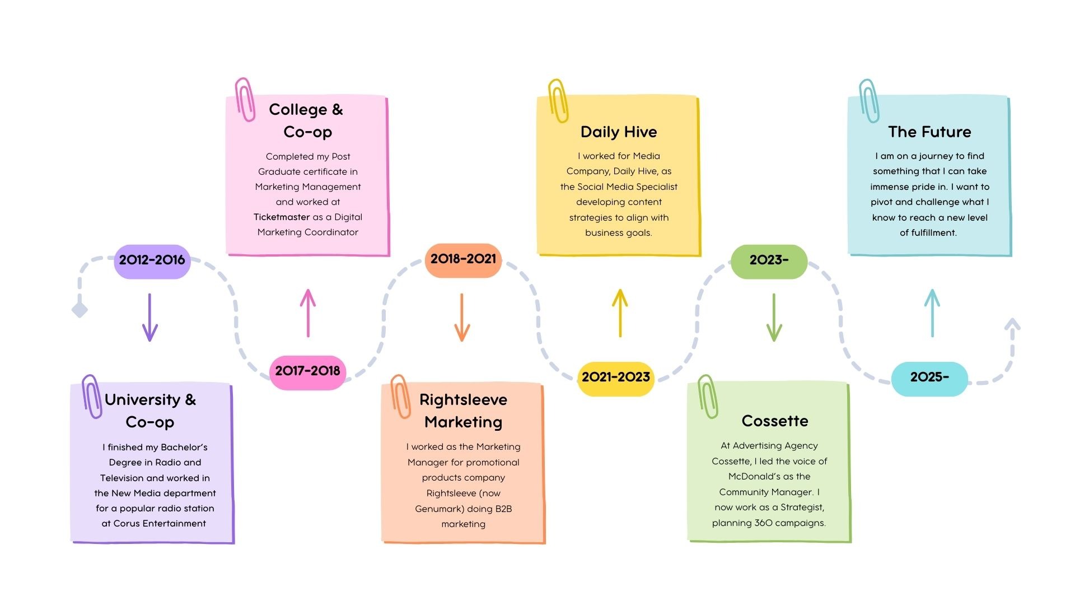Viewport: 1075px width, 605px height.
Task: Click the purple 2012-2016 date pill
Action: click(x=152, y=260)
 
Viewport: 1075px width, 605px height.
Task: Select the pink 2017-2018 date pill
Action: click(x=307, y=371)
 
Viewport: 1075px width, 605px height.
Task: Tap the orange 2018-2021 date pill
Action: click(x=463, y=259)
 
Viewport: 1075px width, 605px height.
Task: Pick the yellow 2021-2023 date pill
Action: click(x=615, y=378)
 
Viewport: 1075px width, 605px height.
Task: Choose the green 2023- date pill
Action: click(x=769, y=260)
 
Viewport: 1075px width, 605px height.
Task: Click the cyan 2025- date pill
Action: click(x=929, y=378)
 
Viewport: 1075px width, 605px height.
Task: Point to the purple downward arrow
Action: click(x=149, y=317)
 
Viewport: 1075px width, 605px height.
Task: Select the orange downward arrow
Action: click(x=462, y=317)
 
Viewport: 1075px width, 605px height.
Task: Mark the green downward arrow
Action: click(x=774, y=317)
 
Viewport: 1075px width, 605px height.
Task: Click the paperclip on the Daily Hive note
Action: click(x=558, y=101)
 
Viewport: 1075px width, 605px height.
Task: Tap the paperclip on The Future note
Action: click(x=869, y=101)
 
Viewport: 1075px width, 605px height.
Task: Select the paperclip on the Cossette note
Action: click(x=708, y=397)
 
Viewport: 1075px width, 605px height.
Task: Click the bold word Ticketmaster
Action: click(x=282, y=217)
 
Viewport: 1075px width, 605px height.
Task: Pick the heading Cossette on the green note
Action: click(x=775, y=421)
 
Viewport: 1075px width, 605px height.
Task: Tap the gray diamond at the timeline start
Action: click(x=80, y=309)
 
